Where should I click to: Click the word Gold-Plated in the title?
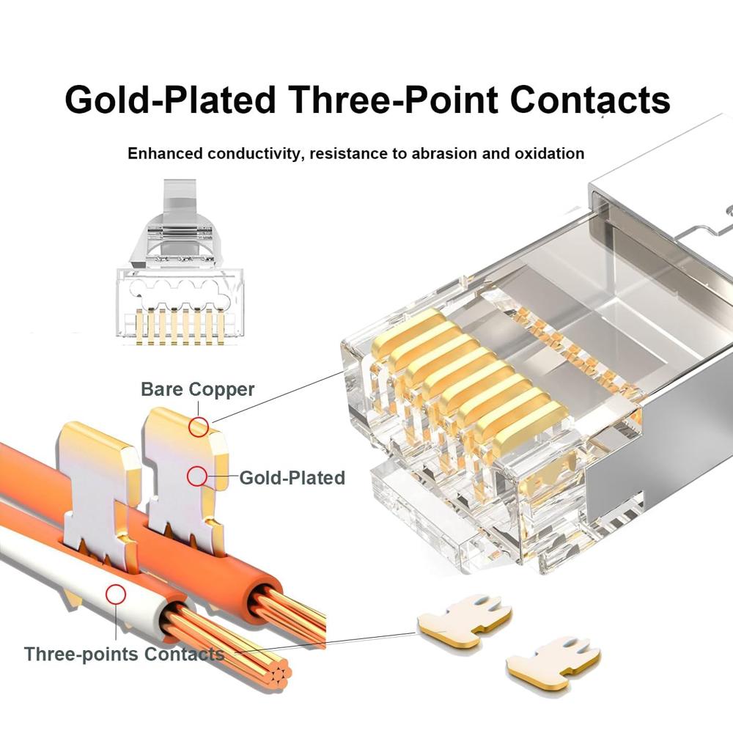(x=170, y=100)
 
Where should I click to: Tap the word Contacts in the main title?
(x=590, y=100)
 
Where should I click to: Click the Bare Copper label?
(x=197, y=388)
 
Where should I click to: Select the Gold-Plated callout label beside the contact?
(x=292, y=478)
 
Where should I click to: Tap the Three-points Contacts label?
(x=124, y=654)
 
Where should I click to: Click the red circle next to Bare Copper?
(x=198, y=427)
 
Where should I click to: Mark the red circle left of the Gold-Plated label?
(x=196, y=477)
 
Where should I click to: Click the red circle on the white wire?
(x=114, y=594)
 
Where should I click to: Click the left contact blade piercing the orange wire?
(x=99, y=491)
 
